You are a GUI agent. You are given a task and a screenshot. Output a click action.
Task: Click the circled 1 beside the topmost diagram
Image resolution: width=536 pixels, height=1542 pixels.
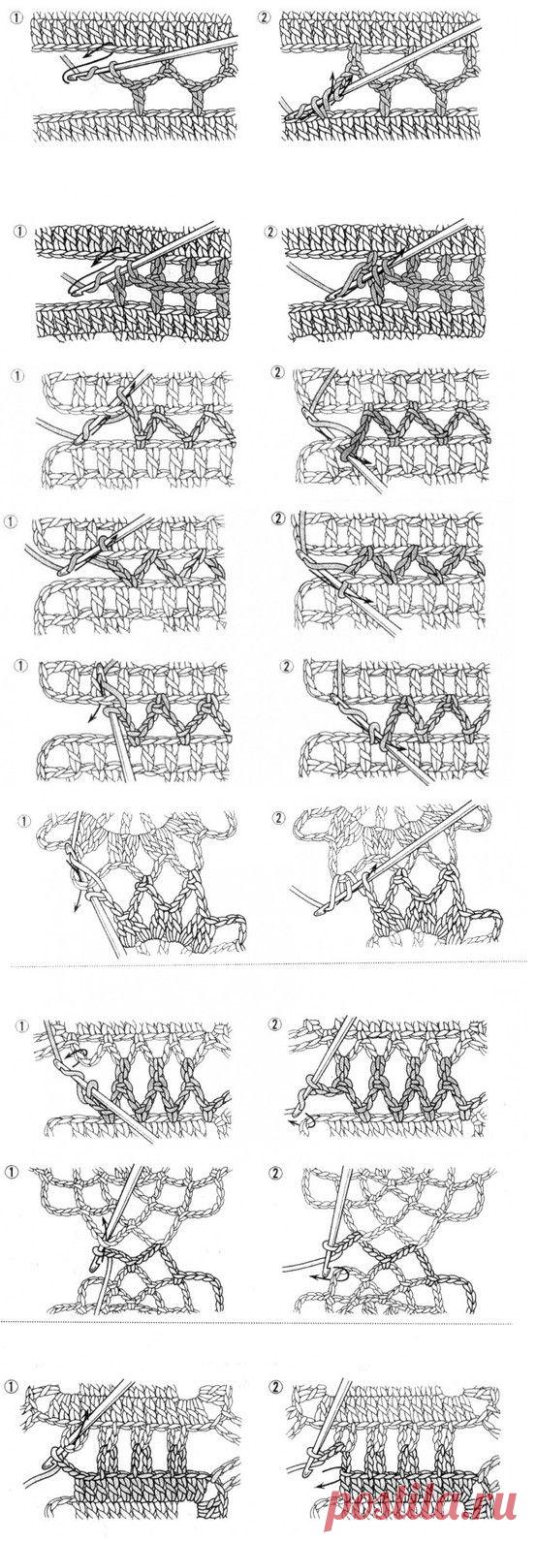[x=17, y=14]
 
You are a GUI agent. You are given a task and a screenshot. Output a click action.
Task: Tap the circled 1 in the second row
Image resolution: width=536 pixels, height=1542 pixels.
[x=19, y=233]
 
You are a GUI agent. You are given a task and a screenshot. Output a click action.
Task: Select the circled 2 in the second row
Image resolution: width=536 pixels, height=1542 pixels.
[x=269, y=233]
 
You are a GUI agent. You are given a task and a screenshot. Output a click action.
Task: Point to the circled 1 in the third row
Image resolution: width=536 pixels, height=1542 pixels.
[x=18, y=374]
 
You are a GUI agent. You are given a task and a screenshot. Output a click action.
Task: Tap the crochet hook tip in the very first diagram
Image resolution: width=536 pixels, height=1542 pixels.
[x=67, y=77]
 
